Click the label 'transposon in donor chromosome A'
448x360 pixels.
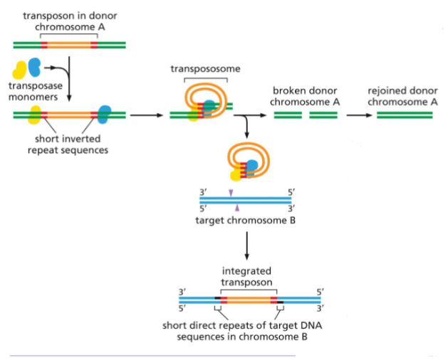coord(71,20)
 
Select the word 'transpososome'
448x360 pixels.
coord(205,68)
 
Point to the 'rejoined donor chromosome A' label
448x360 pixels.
coord(402,96)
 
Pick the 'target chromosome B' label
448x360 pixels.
coord(244,220)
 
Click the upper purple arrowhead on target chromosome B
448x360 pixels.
coord(231,193)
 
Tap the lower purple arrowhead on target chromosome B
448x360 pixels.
coord(236,207)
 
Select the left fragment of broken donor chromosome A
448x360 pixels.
coord(287,114)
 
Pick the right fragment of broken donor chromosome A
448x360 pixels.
coord(323,114)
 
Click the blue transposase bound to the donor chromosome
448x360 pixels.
coord(105,113)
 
